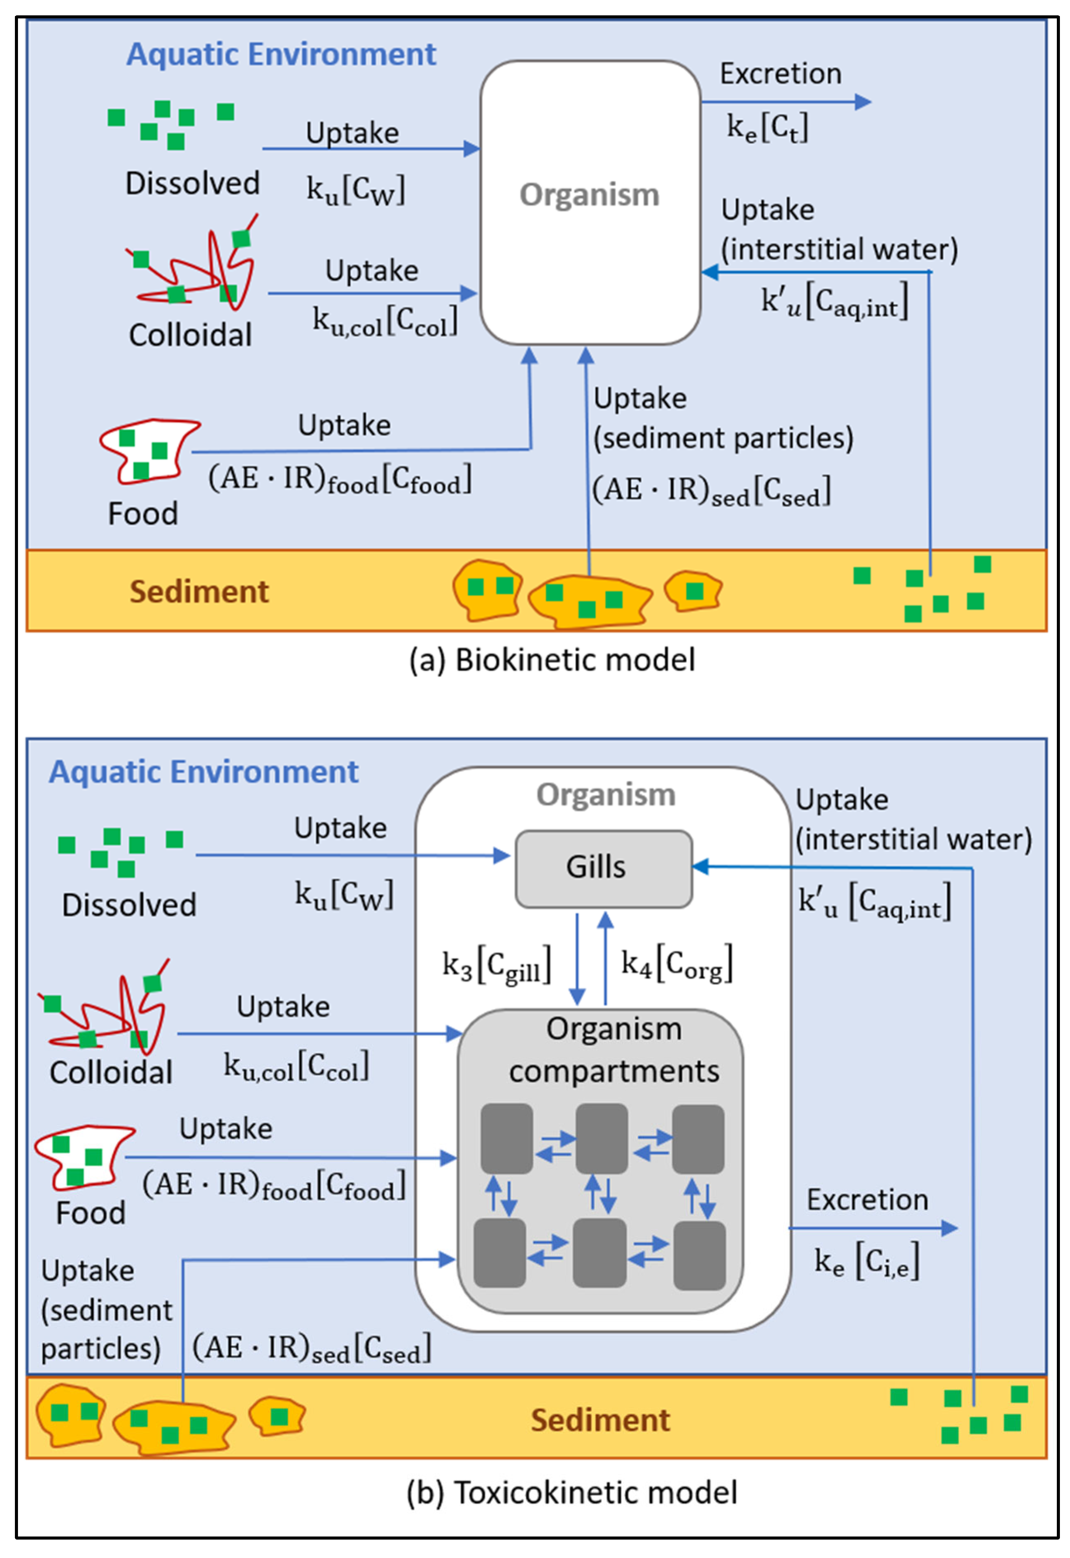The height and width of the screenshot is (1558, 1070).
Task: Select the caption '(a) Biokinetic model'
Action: click(552, 660)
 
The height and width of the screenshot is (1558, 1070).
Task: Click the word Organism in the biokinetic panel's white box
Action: click(589, 195)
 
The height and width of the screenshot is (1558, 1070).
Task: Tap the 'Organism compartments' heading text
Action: click(613, 1050)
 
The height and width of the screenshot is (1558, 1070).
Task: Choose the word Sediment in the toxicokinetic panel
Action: click(600, 1420)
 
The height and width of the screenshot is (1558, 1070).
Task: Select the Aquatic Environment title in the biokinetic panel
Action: click(281, 54)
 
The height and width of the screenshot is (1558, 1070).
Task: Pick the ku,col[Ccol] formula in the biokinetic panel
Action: click(385, 322)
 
